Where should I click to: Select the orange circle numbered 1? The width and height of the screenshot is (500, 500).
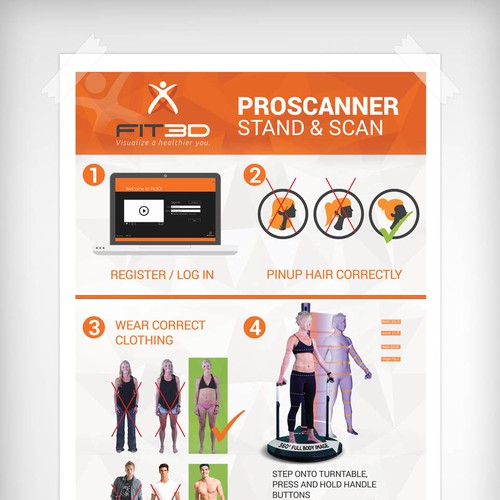pyautogui.click(x=93, y=176)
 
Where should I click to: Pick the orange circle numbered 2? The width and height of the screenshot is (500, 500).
pyautogui.click(x=254, y=176)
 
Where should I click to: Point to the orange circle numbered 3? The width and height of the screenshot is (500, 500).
pyautogui.click(x=93, y=326)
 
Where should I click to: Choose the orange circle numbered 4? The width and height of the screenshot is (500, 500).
pyautogui.click(x=254, y=326)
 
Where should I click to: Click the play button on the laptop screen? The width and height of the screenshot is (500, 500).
pyautogui.click(x=143, y=211)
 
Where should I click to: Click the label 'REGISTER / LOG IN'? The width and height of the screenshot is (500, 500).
pyautogui.click(x=161, y=274)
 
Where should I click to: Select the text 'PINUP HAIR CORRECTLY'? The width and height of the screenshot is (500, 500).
pyautogui.click(x=334, y=274)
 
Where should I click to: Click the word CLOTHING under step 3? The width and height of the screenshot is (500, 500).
pyautogui.click(x=146, y=340)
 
